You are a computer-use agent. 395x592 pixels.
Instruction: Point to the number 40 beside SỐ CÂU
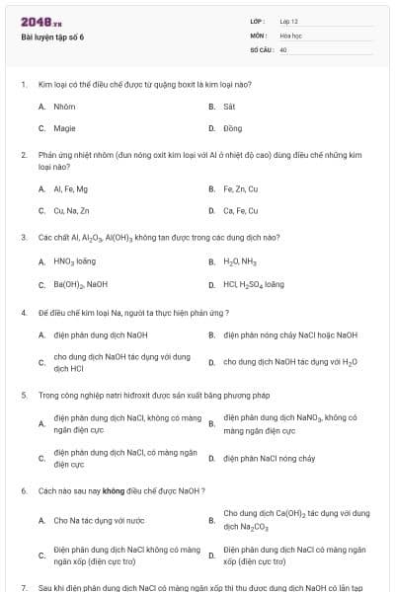point(283,48)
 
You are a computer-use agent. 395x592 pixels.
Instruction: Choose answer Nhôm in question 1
point(64,106)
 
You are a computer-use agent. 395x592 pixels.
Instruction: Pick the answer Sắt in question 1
point(229,106)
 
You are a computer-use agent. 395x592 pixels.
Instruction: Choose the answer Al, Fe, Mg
point(71,188)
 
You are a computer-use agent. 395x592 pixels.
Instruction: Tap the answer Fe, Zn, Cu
point(240,188)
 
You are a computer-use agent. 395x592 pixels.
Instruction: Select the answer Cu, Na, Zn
point(72,210)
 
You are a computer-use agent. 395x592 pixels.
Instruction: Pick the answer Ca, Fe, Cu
point(240,210)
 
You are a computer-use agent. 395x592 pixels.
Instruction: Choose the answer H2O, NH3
point(239,261)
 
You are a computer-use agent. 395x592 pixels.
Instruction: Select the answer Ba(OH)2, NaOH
point(81,284)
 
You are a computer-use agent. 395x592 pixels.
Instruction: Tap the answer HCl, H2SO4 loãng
point(254,284)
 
